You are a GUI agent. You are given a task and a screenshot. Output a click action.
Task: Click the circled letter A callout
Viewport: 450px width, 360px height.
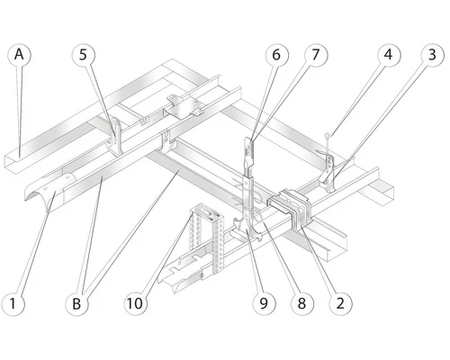tap(18, 54)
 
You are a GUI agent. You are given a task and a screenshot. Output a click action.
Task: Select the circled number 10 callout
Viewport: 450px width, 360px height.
tap(136, 304)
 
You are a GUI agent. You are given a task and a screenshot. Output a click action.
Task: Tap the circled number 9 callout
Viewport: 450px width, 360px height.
tap(264, 304)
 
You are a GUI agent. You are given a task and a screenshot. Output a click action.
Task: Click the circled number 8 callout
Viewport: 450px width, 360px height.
tap(301, 304)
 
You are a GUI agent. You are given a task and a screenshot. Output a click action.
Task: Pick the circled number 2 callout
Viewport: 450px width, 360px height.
tap(339, 304)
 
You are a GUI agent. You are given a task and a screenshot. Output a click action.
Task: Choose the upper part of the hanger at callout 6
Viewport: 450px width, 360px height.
tap(247, 148)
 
